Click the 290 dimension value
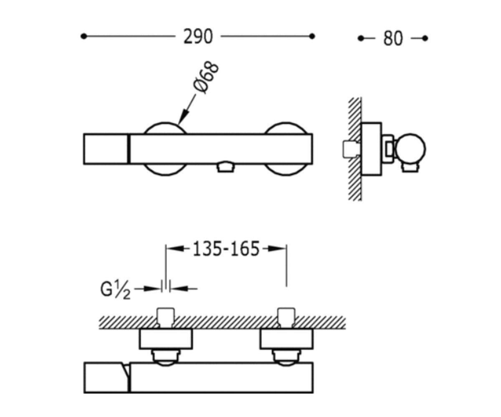198,36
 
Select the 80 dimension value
393,38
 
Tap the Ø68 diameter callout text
206,78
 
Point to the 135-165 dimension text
226,249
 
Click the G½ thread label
115,289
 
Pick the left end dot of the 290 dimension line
83,36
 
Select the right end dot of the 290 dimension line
312,36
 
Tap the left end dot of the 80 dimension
361,38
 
